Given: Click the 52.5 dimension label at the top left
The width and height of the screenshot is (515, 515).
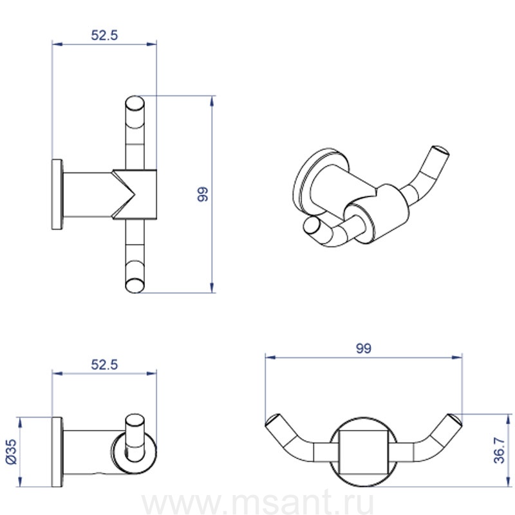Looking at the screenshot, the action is pyautogui.click(x=104, y=35).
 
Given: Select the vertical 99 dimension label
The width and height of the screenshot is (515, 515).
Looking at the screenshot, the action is pyautogui.click(x=203, y=194).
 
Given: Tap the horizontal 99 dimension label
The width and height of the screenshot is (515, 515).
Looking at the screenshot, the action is pyautogui.click(x=364, y=348).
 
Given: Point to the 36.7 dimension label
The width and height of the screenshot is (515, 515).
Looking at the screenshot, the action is pyautogui.click(x=499, y=450).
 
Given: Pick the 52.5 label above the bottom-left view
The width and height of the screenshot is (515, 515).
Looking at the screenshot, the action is pyautogui.click(x=104, y=364).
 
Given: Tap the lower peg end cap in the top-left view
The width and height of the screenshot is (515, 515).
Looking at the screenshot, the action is pyautogui.click(x=135, y=285).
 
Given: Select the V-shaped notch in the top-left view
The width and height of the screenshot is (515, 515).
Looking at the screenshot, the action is pyautogui.click(x=124, y=194).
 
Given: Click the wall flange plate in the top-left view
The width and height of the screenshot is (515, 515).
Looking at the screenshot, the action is pyautogui.click(x=57, y=194).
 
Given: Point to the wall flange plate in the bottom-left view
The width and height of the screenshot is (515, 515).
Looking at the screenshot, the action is pyautogui.click(x=57, y=452).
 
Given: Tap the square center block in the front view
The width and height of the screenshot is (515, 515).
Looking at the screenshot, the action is pyautogui.click(x=364, y=452).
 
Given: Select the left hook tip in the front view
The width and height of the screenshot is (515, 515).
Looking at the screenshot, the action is pyautogui.click(x=272, y=420).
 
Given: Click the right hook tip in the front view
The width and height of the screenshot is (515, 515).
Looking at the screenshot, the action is pyautogui.click(x=455, y=420).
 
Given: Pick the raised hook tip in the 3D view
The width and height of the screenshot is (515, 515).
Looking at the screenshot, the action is pyautogui.click(x=440, y=152).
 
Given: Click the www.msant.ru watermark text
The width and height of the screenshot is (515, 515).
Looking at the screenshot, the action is pyautogui.click(x=258, y=503).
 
